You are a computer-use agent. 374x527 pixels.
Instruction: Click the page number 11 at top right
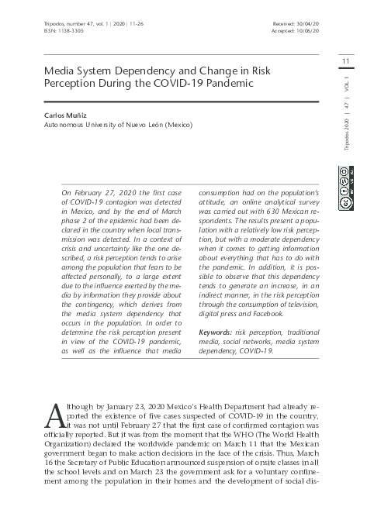tap(347, 61)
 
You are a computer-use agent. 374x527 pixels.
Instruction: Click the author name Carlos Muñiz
tap(66, 114)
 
